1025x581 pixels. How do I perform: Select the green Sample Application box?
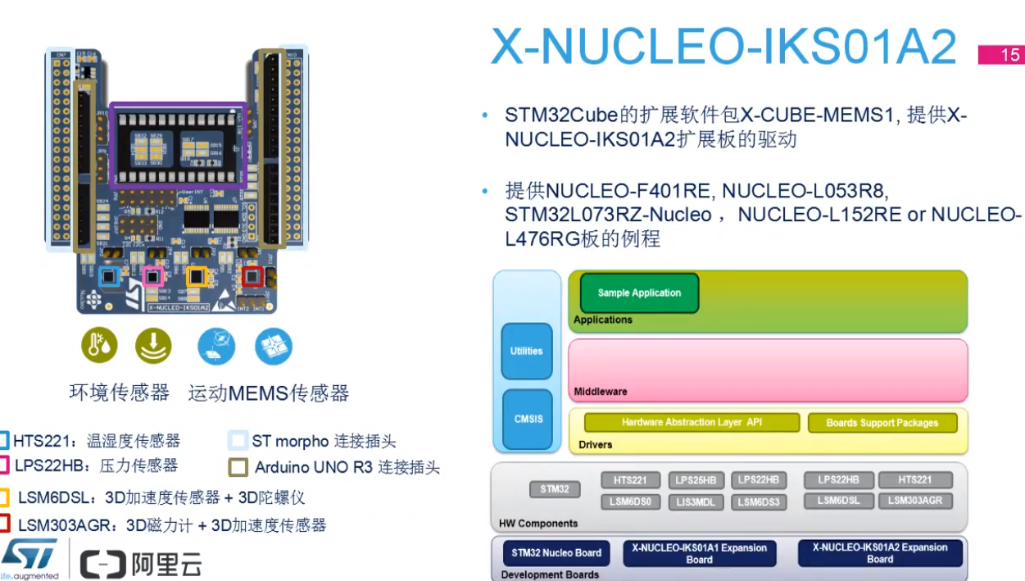(639, 293)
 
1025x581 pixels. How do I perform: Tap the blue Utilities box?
(526, 352)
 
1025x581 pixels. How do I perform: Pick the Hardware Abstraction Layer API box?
(692, 423)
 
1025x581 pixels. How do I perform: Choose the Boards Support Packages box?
(882, 424)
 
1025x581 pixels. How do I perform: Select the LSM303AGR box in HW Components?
(914, 501)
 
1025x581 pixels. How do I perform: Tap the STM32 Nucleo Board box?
(556, 553)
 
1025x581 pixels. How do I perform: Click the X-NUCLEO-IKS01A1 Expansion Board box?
(699, 554)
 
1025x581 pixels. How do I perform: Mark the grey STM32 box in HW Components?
(555, 489)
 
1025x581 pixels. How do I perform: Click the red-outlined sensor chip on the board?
(250, 276)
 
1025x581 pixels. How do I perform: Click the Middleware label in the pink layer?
(601, 392)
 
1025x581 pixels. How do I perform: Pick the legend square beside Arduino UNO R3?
(238, 468)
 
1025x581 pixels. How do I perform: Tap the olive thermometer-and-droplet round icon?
(99, 347)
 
